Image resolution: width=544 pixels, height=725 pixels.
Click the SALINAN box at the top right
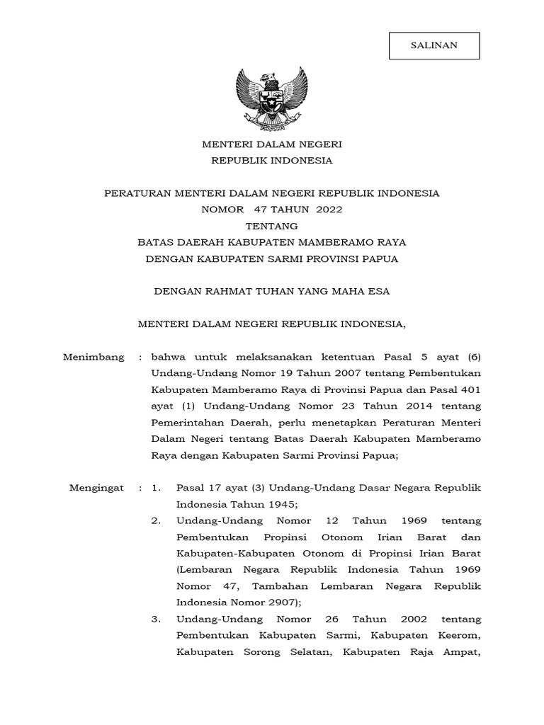434,45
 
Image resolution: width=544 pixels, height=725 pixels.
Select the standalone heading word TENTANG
271,226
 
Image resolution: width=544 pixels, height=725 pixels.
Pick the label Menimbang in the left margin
93,357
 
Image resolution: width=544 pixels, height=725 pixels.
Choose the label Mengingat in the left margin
96,488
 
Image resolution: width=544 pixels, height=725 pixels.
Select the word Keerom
459,636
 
